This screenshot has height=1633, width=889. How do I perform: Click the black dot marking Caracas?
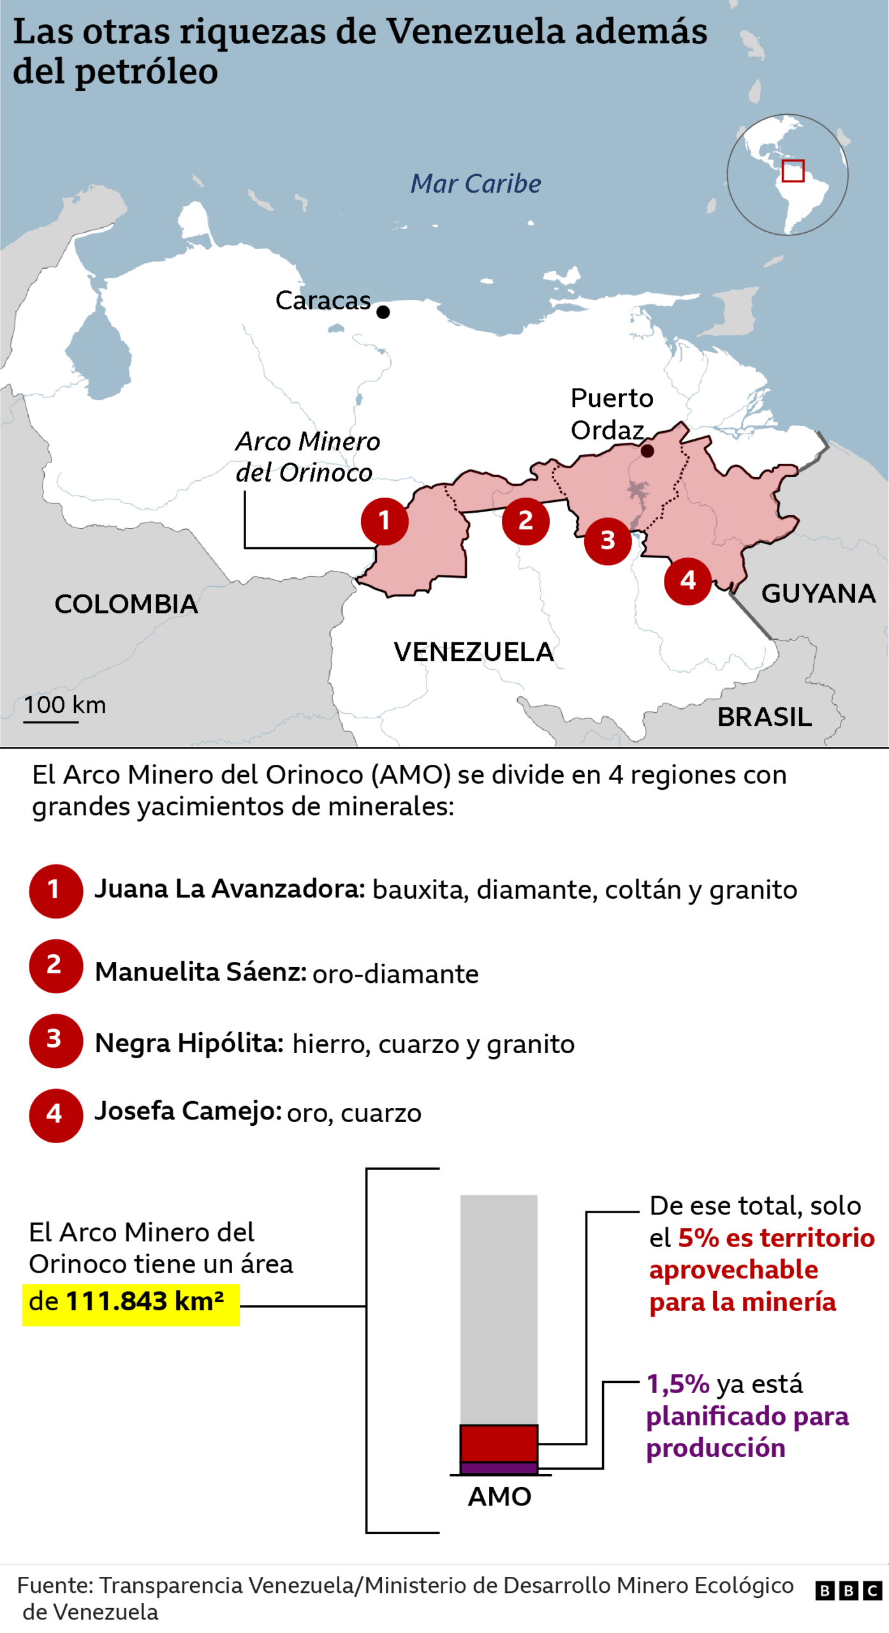coord(383,312)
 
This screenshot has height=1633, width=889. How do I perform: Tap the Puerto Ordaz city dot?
coord(647,452)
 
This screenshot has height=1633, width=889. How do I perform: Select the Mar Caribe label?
coord(475,184)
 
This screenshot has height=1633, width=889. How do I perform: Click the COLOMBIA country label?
coord(126,604)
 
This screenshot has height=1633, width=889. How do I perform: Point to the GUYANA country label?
coord(818,593)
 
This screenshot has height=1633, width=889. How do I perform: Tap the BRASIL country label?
coord(765,717)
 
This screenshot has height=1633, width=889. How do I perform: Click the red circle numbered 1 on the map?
coord(385,521)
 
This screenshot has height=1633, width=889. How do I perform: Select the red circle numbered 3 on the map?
coord(608,541)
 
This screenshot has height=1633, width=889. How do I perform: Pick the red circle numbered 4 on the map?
coord(687,581)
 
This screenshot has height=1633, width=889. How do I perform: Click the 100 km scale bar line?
coord(51,722)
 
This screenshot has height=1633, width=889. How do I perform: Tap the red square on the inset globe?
coord(793,171)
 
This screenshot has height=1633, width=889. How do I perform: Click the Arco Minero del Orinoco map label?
coord(307,457)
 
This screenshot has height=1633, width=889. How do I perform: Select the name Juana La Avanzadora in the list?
coord(230,889)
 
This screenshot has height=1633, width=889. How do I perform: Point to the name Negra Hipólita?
coord(189,1043)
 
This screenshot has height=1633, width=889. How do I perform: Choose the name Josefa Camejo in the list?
coord(188,1111)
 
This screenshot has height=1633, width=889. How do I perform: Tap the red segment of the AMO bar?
coord(499,1443)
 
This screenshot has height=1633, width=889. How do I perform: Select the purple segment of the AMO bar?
coord(499,1468)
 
